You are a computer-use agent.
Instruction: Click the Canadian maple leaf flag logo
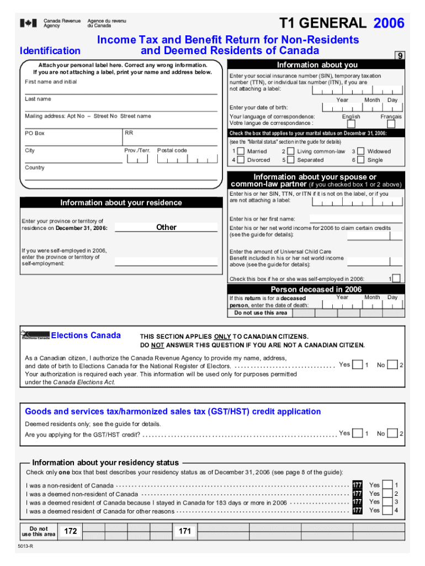(x=29, y=23)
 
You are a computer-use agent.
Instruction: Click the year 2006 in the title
(x=389, y=23)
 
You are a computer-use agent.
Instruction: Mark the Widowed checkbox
(x=360, y=151)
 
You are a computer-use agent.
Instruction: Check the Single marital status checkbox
(x=360, y=160)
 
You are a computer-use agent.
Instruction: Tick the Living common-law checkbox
(x=291, y=151)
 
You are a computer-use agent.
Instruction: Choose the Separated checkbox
(x=291, y=160)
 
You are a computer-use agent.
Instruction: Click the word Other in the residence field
(x=166, y=227)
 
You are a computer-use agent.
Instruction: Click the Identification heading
(x=50, y=51)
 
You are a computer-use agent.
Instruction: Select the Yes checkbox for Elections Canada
(x=358, y=365)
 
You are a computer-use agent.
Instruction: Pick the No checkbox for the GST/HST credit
(x=392, y=434)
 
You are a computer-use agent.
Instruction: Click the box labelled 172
(x=70, y=531)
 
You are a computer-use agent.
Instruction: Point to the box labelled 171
(x=185, y=531)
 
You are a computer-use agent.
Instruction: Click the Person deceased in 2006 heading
(x=316, y=290)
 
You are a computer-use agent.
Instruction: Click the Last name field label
(x=38, y=99)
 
